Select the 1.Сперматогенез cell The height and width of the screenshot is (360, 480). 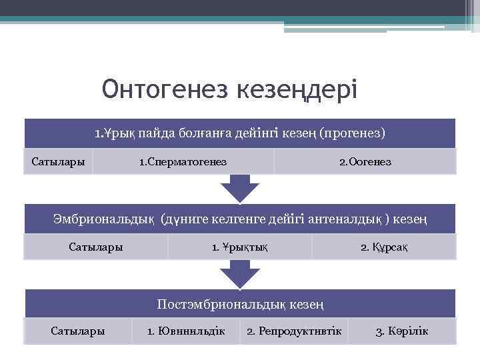183,162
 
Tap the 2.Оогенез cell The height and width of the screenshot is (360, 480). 365,162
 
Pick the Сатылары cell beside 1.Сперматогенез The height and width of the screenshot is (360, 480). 59,162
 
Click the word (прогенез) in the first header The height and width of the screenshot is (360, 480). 352,133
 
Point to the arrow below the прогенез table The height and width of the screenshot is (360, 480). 240,188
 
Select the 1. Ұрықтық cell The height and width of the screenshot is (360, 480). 239,247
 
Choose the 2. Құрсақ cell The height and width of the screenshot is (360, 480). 384,247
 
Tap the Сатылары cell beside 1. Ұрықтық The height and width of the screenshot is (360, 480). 96,247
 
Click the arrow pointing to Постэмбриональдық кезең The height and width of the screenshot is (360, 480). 240,273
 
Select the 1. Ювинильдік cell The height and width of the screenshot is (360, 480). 186,331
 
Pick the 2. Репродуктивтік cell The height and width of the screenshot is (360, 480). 294,331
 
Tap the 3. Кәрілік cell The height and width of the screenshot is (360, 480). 402,331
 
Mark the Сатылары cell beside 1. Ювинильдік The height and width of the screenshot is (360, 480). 78,331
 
